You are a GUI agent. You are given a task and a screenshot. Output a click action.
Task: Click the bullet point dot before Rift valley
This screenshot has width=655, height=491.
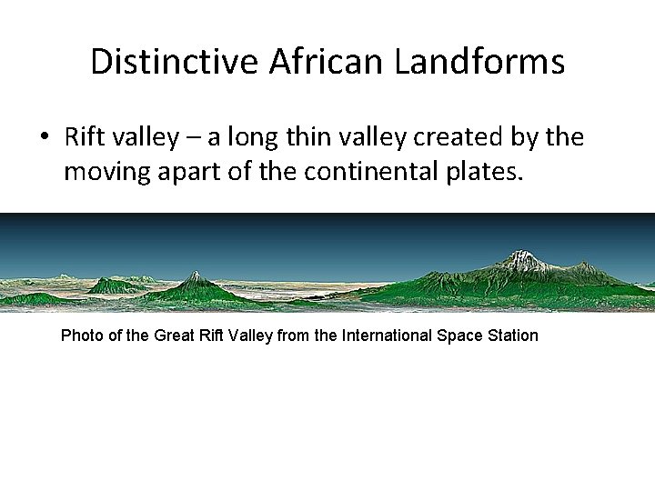point(43,138)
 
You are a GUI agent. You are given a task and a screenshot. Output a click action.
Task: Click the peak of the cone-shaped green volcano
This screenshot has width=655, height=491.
point(194,274)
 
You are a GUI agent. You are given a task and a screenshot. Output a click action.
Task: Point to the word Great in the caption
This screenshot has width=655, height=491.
point(176,336)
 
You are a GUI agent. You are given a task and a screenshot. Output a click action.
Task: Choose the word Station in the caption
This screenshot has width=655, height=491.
point(513,336)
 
